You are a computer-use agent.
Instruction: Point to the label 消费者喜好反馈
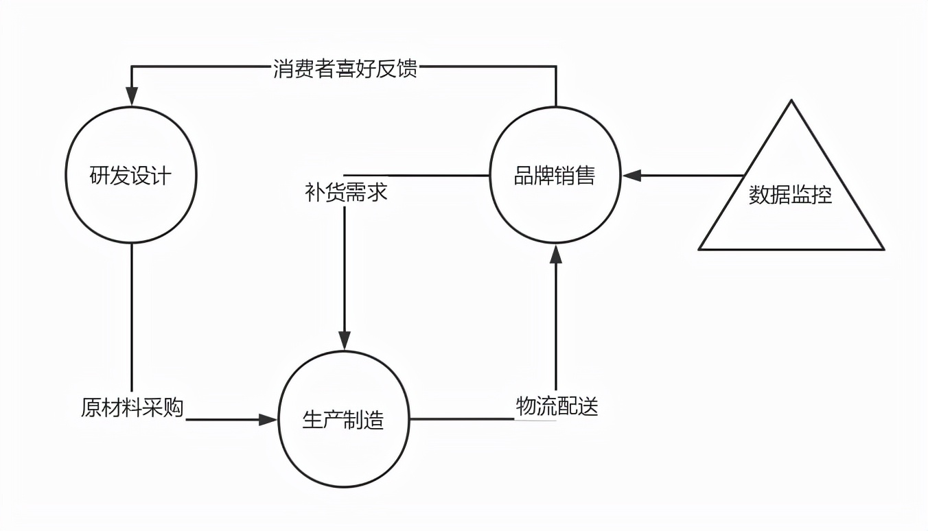[x=345, y=69]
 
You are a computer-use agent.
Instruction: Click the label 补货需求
[x=346, y=191]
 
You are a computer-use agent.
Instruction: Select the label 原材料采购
[x=132, y=408]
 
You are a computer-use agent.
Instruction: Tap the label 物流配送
[x=557, y=406]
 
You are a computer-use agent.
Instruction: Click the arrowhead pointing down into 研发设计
[x=131, y=98]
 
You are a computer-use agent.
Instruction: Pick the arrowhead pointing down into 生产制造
[x=345, y=340]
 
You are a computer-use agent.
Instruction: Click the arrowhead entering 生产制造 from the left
[x=268, y=418]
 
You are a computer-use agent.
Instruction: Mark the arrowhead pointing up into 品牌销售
[x=556, y=253]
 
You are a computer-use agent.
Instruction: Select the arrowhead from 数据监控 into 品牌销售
[x=631, y=176]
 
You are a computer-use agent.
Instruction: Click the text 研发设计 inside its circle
[x=131, y=176]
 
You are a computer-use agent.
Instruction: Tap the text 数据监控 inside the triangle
[x=791, y=196]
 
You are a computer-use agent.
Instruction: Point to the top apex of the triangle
[x=791, y=102]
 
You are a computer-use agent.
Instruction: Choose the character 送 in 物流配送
[x=588, y=406]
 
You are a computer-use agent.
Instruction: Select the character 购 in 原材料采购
[x=174, y=408]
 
